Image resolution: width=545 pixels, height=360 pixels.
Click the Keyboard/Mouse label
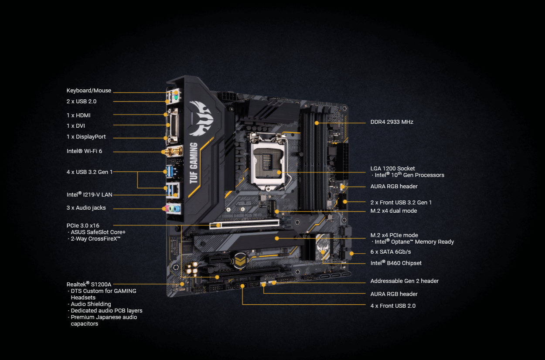tap(89, 91)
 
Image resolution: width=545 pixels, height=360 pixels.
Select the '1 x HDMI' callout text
tap(78, 115)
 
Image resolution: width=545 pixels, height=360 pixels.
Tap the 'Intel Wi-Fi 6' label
tap(84, 151)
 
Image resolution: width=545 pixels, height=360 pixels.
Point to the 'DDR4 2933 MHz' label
tap(392, 122)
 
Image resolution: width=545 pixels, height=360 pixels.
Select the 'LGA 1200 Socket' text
tap(392, 168)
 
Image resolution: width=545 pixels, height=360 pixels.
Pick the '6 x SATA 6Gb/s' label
tap(390, 252)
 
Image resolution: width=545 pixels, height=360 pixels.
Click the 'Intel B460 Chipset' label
tap(395, 263)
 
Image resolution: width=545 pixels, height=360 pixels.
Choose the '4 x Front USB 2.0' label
tap(392, 306)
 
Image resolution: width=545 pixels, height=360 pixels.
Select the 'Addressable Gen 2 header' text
tap(404, 281)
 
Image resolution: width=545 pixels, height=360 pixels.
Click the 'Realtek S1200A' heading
tap(86, 284)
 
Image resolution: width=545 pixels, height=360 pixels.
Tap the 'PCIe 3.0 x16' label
tap(83, 226)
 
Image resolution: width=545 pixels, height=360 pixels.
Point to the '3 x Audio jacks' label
tap(86, 208)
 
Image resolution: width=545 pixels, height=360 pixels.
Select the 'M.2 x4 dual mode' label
tap(393, 211)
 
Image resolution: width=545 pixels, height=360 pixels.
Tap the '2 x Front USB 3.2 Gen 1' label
tap(401, 203)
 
